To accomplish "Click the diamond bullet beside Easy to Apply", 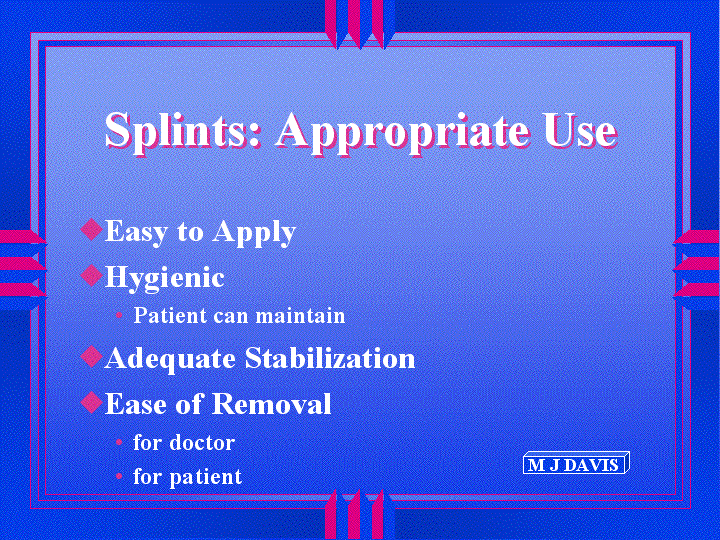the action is click(91, 229).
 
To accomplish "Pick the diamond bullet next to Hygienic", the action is click(91, 275).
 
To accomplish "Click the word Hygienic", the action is click(165, 279).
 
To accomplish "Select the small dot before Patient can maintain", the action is click(119, 315).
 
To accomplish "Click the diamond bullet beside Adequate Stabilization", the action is click(91, 356).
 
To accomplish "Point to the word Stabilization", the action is click(330, 358).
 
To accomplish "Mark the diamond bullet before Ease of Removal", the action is click(91, 402).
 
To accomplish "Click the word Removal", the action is click(271, 404).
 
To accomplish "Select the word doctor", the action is click(202, 442).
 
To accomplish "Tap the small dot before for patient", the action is click(119, 476).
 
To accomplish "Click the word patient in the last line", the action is click(206, 478).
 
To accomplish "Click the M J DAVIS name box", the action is click(576, 463).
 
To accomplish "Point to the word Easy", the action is click(135, 232).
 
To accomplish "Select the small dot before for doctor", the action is click(119, 442).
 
